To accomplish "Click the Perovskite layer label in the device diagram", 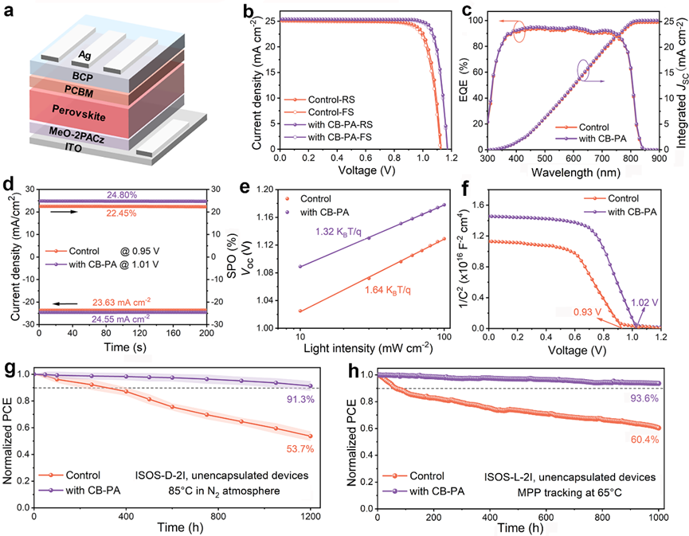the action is (x=79, y=113).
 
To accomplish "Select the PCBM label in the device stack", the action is (x=79, y=92).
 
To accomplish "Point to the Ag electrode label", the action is (x=84, y=55).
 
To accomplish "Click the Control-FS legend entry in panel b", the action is (x=331, y=112).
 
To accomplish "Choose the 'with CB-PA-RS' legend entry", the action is (x=340, y=125).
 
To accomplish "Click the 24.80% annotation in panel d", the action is (x=122, y=194).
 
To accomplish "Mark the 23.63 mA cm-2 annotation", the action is (x=121, y=302).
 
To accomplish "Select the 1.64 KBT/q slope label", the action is (x=388, y=290).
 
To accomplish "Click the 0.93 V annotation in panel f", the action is (x=587, y=312).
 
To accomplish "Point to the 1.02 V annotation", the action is (x=644, y=303).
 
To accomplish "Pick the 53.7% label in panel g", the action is (x=300, y=449).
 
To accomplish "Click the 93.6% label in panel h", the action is (x=644, y=398).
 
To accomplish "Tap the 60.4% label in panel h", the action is (x=644, y=440).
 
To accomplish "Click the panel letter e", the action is (x=245, y=187).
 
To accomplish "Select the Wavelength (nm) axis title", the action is (x=576, y=172).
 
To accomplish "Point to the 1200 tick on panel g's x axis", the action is (x=311, y=517).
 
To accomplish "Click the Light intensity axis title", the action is (x=368, y=348).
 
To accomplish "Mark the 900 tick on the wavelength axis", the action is (x=659, y=158).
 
